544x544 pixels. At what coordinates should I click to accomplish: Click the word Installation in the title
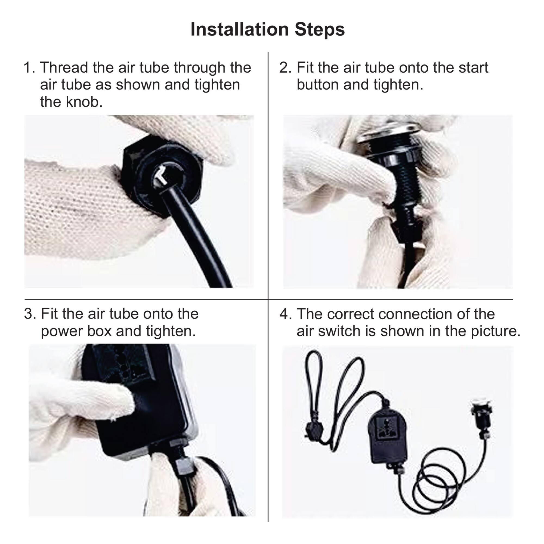click(239, 29)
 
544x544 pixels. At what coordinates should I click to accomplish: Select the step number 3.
click(29, 314)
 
